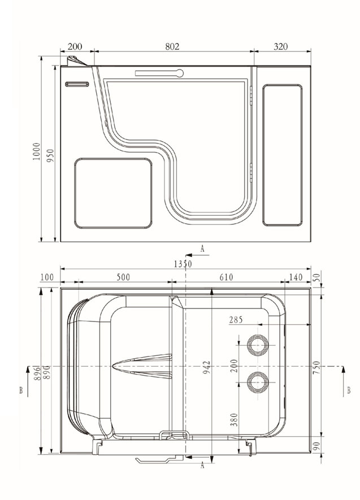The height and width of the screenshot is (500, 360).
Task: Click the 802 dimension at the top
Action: point(172,46)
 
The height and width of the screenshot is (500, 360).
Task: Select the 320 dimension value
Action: point(280,46)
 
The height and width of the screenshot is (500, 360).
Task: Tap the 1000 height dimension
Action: point(37,151)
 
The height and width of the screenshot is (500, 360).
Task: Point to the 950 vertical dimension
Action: point(51,155)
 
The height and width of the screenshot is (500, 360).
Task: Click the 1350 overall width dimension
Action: point(183,264)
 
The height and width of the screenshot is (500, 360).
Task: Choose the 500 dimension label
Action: point(123,277)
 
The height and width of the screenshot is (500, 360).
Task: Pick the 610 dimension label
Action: point(226,277)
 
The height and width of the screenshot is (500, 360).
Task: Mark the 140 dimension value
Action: point(296,277)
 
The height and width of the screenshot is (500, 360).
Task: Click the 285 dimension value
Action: point(236,320)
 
